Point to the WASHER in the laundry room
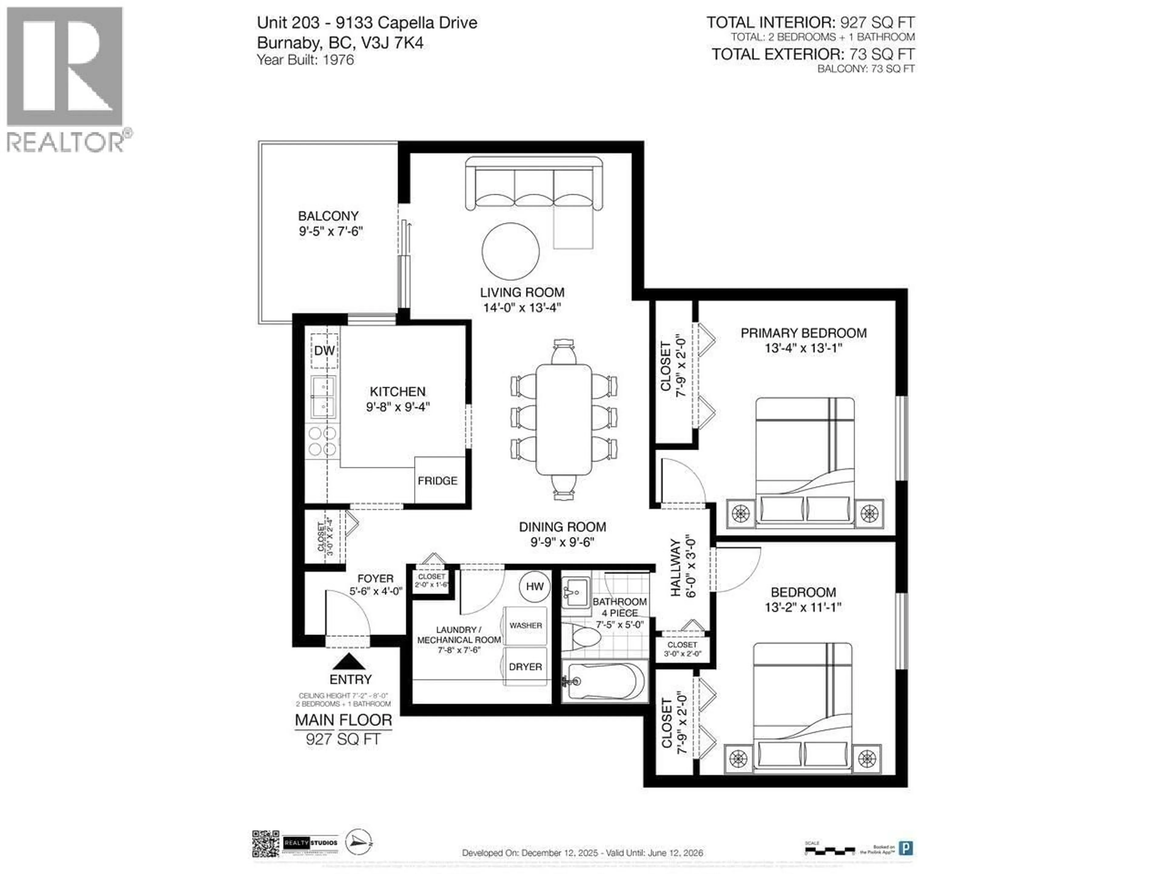pyautogui.click(x=525, y=625)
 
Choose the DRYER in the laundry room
pyautogui.click(x=525, y=666)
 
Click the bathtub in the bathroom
pyautogui.click(x=605, y=682)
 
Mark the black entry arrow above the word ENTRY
pyautogui.click(x=349, y=662)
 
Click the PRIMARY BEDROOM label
pyautogui.click(x=803, y=333)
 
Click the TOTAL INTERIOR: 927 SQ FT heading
pyautogui.click(x=810, y=23)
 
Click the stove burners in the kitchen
pyautogui.click(x=322, y=441)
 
